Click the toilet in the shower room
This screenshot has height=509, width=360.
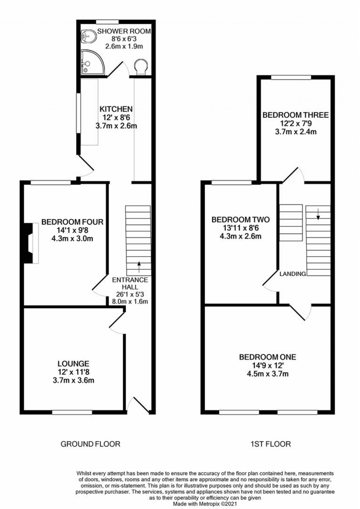click(141, 66)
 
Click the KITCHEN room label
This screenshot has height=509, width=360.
click(116, 109)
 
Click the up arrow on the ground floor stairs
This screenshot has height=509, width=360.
click(139, 267)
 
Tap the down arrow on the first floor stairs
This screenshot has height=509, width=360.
click(318, 214)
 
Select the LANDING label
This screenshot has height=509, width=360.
click(293, 274)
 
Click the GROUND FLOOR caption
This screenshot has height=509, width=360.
click(90, 444)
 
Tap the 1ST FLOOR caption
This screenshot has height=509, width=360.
click(270, 444)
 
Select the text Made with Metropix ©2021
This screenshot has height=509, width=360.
click(205, 504)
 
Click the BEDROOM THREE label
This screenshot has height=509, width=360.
click(296, 115)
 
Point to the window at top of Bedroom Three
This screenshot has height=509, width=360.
click(291, 77)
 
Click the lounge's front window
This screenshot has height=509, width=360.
click(72, 412)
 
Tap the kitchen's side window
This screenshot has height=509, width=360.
click(78, 113)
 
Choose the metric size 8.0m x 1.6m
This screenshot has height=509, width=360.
click(130, 301)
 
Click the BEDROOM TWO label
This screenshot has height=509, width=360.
click(241, 219)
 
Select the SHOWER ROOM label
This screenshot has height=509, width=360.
click(124, 31)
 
